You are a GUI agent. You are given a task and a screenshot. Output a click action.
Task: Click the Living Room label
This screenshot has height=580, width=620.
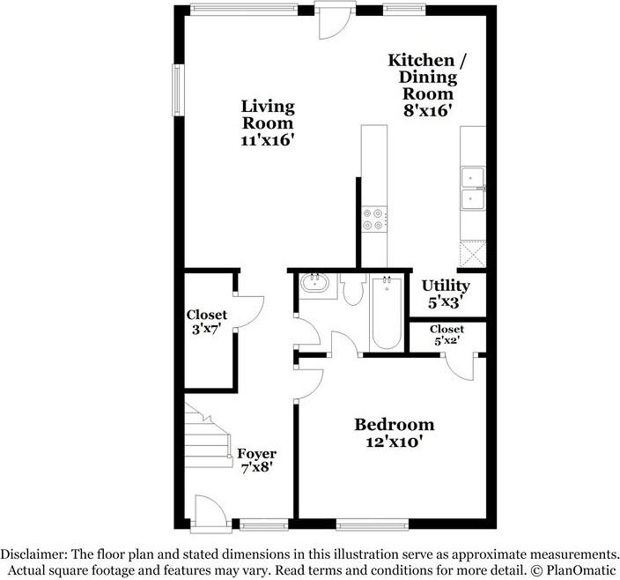[268, 115]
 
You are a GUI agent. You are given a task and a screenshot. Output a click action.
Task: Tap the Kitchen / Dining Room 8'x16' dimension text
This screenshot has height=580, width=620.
[427, 111]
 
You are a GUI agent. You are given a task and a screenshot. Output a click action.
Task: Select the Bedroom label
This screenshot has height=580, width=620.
[395, 425]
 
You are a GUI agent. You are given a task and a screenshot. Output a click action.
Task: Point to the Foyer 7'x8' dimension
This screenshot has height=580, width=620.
[257, 468]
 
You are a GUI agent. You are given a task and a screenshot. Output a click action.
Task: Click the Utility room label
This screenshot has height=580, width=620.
[446, 286]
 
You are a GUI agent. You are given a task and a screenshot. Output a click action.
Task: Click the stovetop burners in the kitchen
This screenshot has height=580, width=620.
[374, 219]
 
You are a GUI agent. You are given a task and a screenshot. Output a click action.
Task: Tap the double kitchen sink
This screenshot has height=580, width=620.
[473, 189]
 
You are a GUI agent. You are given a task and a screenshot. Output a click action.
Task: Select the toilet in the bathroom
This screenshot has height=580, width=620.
[352, 289]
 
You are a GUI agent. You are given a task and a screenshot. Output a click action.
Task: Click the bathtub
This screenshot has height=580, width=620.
[387, 313]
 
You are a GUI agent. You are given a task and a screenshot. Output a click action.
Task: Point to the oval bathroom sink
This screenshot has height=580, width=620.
[314, 283]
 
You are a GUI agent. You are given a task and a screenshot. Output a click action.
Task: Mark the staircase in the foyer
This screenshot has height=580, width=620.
[208, 436]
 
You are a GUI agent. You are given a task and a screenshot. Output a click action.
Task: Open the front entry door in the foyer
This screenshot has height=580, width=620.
[210, 513]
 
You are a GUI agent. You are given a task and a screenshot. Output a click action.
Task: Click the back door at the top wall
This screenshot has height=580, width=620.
[336, 20]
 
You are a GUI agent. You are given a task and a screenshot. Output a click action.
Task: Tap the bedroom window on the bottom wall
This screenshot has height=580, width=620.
[373, 524]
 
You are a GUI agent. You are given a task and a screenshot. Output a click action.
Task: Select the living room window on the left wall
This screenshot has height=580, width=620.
[178, 90]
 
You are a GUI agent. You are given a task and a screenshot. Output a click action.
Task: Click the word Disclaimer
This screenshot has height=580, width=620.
[33, 553]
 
